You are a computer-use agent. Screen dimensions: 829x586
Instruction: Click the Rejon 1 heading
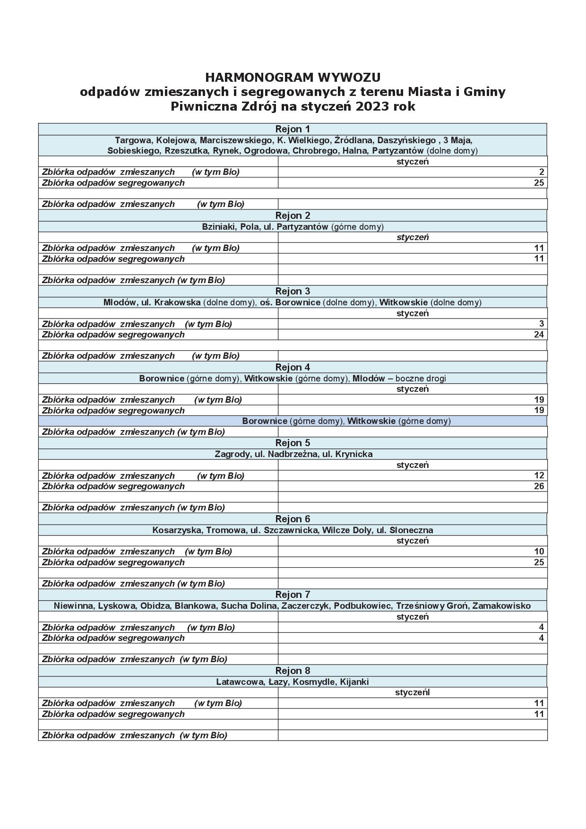tap(293, 129)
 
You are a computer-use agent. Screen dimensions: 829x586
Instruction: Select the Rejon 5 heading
tap(293, 443)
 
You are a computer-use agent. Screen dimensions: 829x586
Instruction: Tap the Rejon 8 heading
tap(293, 671)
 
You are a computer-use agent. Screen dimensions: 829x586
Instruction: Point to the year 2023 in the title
tap(373, 106)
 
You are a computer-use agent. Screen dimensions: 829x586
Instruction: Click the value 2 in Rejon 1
tap(542, 172)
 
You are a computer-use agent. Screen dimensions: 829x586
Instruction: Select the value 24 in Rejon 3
tap(539, 335)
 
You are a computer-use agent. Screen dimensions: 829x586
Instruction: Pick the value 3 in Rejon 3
tap(542, 324)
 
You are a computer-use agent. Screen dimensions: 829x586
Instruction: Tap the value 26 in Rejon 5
tap(539, 486)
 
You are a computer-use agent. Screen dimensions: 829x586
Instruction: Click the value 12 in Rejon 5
tap(539, 475)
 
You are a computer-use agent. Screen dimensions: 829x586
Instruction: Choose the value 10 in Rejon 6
tap(539, 552)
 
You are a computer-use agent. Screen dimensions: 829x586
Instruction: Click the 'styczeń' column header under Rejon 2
tap(413, 237)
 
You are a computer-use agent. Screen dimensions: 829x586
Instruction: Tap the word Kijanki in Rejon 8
tap(354, 682)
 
